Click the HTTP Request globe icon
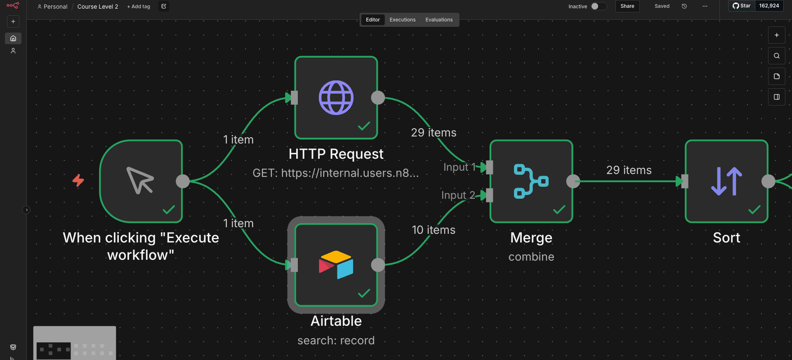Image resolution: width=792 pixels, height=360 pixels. pos(336,98)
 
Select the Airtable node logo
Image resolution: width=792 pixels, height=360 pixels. pos(336,265)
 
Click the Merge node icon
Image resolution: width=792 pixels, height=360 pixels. pos(531,181)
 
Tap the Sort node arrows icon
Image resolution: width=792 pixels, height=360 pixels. pos(726,181)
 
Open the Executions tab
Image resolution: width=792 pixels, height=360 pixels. pos(403,20)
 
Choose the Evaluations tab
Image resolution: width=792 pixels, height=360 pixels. pos(439,20)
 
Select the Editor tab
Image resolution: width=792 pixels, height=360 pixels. pos(373,20)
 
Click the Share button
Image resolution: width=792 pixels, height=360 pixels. pos(627,6)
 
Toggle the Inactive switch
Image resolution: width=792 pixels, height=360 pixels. pos(599,6)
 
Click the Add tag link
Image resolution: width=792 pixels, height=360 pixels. pos(139,7)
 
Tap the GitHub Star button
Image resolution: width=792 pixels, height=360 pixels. pos(741,6)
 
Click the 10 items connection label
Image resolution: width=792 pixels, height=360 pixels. pos(434,230)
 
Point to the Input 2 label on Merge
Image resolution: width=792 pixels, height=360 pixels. pos(458,195)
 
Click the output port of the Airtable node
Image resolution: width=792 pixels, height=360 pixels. pos(378,265)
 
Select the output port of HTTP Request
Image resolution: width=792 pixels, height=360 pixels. pos(378,98)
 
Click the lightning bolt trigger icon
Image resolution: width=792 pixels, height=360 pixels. pos(78,180)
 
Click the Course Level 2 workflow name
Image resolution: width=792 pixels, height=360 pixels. pos(98,7)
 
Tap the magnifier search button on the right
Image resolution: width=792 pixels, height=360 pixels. pos(776,56)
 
